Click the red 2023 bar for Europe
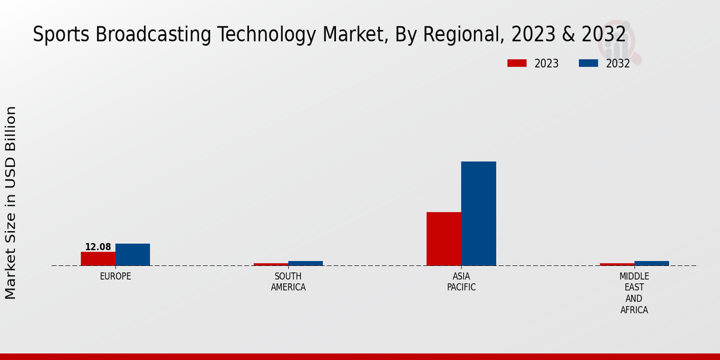click(x=98, y=259)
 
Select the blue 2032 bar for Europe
click(x=133, y=254)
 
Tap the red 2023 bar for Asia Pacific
click(x=444, y=239)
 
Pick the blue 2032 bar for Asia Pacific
click(x=479, y=214)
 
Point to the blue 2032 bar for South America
click(x=305, y=263)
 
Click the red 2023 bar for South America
click(x=271, y=264)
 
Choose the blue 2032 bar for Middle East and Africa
click(x=652, y=263)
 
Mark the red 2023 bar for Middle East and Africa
click(x=617, y=264)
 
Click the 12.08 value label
click(x=98, y=247)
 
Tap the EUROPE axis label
click(x=115, y=277)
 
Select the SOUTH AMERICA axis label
click(x=288, y=282)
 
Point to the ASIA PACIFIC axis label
click(x=461, y=282)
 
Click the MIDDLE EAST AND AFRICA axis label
click(x=634, y=293)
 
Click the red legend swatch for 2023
click(x=517, y=63)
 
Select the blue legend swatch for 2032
click(x=588, y=63)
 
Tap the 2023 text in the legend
click(x=547, y=64)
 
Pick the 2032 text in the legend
click(x=618, y=64)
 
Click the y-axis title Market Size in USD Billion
click(x=11, y=203)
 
